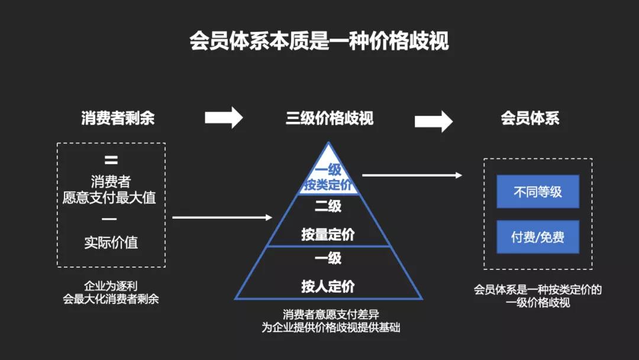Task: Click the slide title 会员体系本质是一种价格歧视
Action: tap(319, 41)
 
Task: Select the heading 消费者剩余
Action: tap(118, 118)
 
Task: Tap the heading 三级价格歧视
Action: tap(330, 118)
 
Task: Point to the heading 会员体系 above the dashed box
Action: tap(530, 118)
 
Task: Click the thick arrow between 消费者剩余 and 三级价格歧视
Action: tap(224, 117)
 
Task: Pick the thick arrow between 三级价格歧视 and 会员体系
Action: tap(433, 121)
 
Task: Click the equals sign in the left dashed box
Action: tap(111, 160)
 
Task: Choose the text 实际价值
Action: tap(111, 243)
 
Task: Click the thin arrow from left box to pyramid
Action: tap(222, 218)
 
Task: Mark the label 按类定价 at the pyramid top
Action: tap(328, 185)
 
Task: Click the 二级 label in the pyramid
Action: tap(328, 207)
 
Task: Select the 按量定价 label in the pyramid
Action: tap(328, 235)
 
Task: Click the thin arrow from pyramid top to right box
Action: tap(412, 175)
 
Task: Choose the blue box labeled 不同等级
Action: tap(537, 192)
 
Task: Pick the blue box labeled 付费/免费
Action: tap(537, 237)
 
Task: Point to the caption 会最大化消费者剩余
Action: tap(111, 299)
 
